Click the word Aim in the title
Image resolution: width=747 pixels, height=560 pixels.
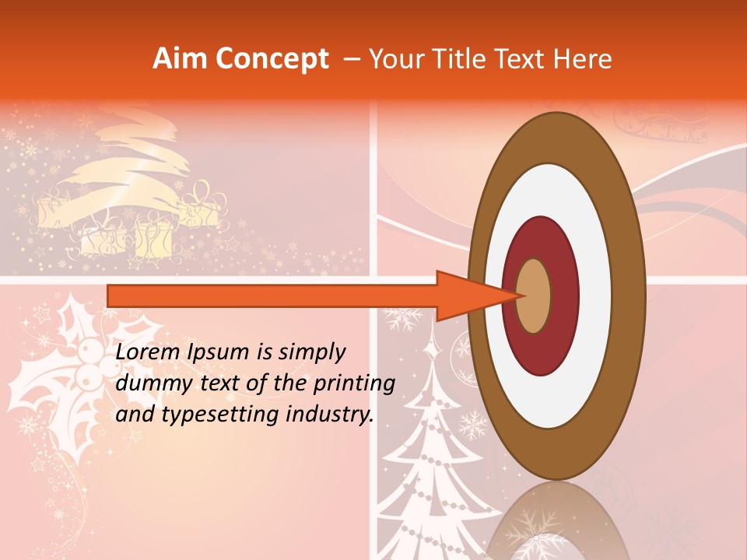point(180,59)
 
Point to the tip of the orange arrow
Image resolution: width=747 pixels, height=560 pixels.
point(519,296)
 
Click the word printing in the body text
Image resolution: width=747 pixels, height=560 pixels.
point(356,383)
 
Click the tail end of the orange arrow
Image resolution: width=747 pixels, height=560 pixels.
point(110,296)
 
